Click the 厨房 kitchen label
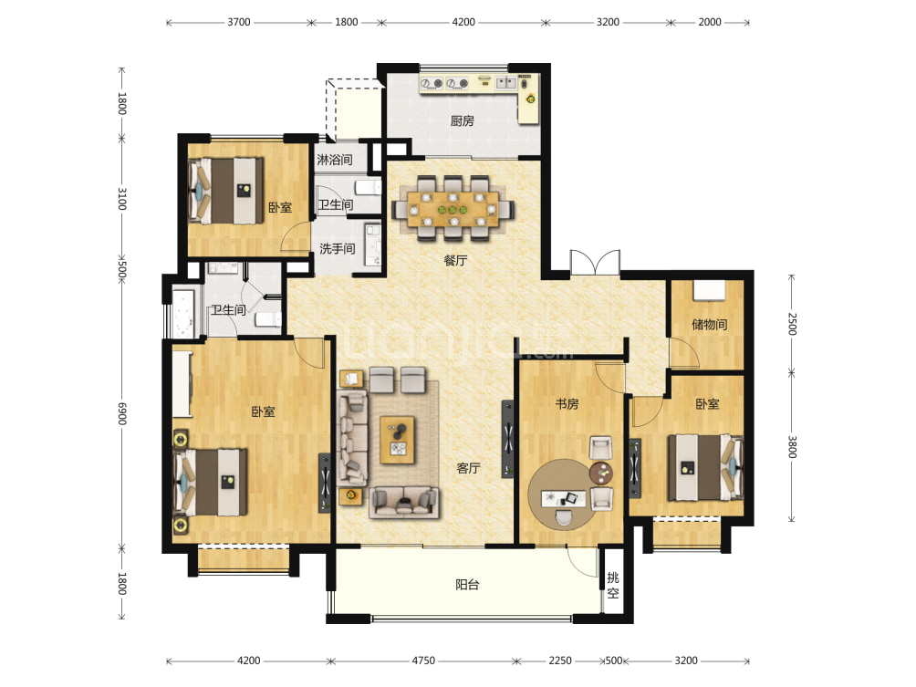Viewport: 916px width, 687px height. [462, 121]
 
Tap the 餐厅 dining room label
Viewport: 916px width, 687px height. [455, 260]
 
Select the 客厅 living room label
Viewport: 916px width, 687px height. [469, 468]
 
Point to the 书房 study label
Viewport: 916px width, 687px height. [567, 403]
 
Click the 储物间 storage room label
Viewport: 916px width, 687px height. [709, 324]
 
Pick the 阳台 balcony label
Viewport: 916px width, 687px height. [467, 584]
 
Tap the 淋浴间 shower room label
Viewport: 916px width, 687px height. [334, 160]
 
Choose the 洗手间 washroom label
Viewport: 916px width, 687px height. [337, 248]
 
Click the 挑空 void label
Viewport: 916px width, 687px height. [613, 586]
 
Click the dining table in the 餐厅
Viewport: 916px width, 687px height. [453, 209]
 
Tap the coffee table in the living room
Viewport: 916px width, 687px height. [398, 440]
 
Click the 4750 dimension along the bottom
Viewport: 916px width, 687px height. [423, 661]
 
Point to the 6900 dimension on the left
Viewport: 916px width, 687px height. [121, 413]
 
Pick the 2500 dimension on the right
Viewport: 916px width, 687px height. [792, 324]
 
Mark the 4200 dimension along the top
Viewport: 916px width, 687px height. [463, 22]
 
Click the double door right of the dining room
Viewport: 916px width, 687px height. [595, 262]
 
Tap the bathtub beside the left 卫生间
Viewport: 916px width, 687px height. [182, 314]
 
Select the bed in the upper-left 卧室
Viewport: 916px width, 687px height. [225, 191]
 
